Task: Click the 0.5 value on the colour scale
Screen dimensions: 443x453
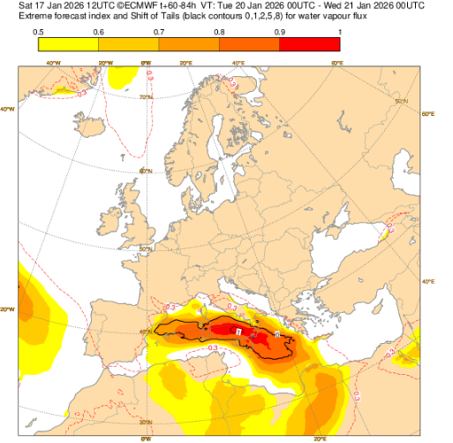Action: coord(39,32)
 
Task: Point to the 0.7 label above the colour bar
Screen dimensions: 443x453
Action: coord(159,32)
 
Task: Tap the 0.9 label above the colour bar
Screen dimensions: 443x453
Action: coord(280,32)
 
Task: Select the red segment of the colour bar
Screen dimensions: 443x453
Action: coord(310,44)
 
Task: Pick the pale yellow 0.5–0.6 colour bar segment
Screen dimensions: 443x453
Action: coord(69,44)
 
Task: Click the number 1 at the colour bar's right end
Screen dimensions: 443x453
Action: coord(339,32)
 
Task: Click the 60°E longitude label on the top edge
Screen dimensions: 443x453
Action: coord(336,64)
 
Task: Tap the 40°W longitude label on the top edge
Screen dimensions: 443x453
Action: coord(52,64)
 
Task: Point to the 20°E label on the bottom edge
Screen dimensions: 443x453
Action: coord(317,438)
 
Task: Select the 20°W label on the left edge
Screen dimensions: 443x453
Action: coord(8,309)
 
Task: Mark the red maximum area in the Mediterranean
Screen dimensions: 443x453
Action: coord(238,331)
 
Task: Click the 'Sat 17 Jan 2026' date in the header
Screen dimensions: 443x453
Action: coord(40,5)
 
